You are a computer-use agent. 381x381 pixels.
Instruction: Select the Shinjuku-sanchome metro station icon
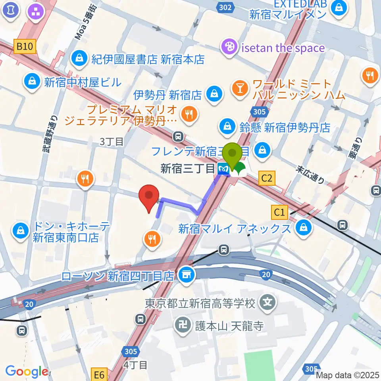point(223,169)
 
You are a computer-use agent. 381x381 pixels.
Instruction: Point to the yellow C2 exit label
point(267,179)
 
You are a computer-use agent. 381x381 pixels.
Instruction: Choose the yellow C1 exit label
point(280,213)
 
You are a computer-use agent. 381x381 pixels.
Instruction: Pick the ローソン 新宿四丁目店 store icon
point(185,275)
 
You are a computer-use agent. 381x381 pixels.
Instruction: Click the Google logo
point(27,372)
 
